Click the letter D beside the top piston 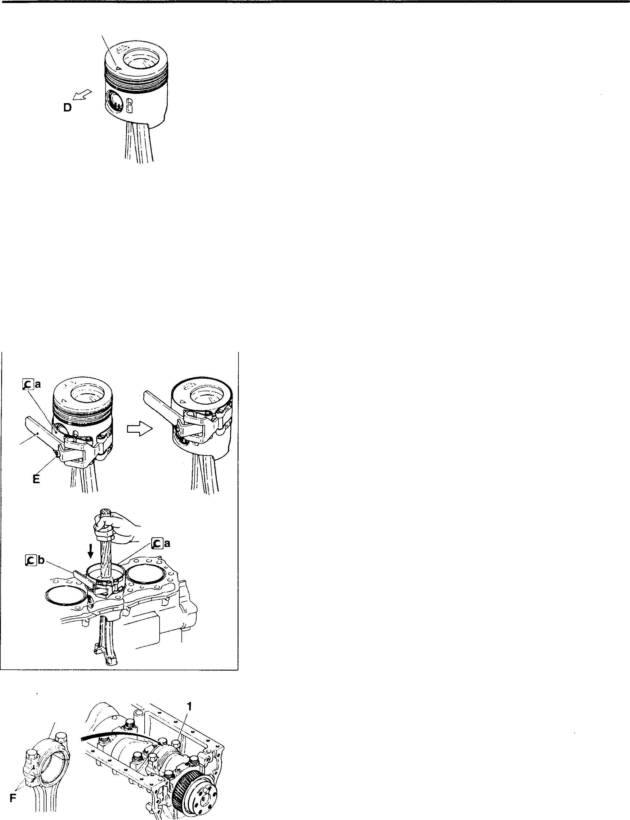coord(68,108)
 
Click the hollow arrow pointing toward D coord(82,94)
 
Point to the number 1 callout coord(189,707)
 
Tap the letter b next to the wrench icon coord(41,571)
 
